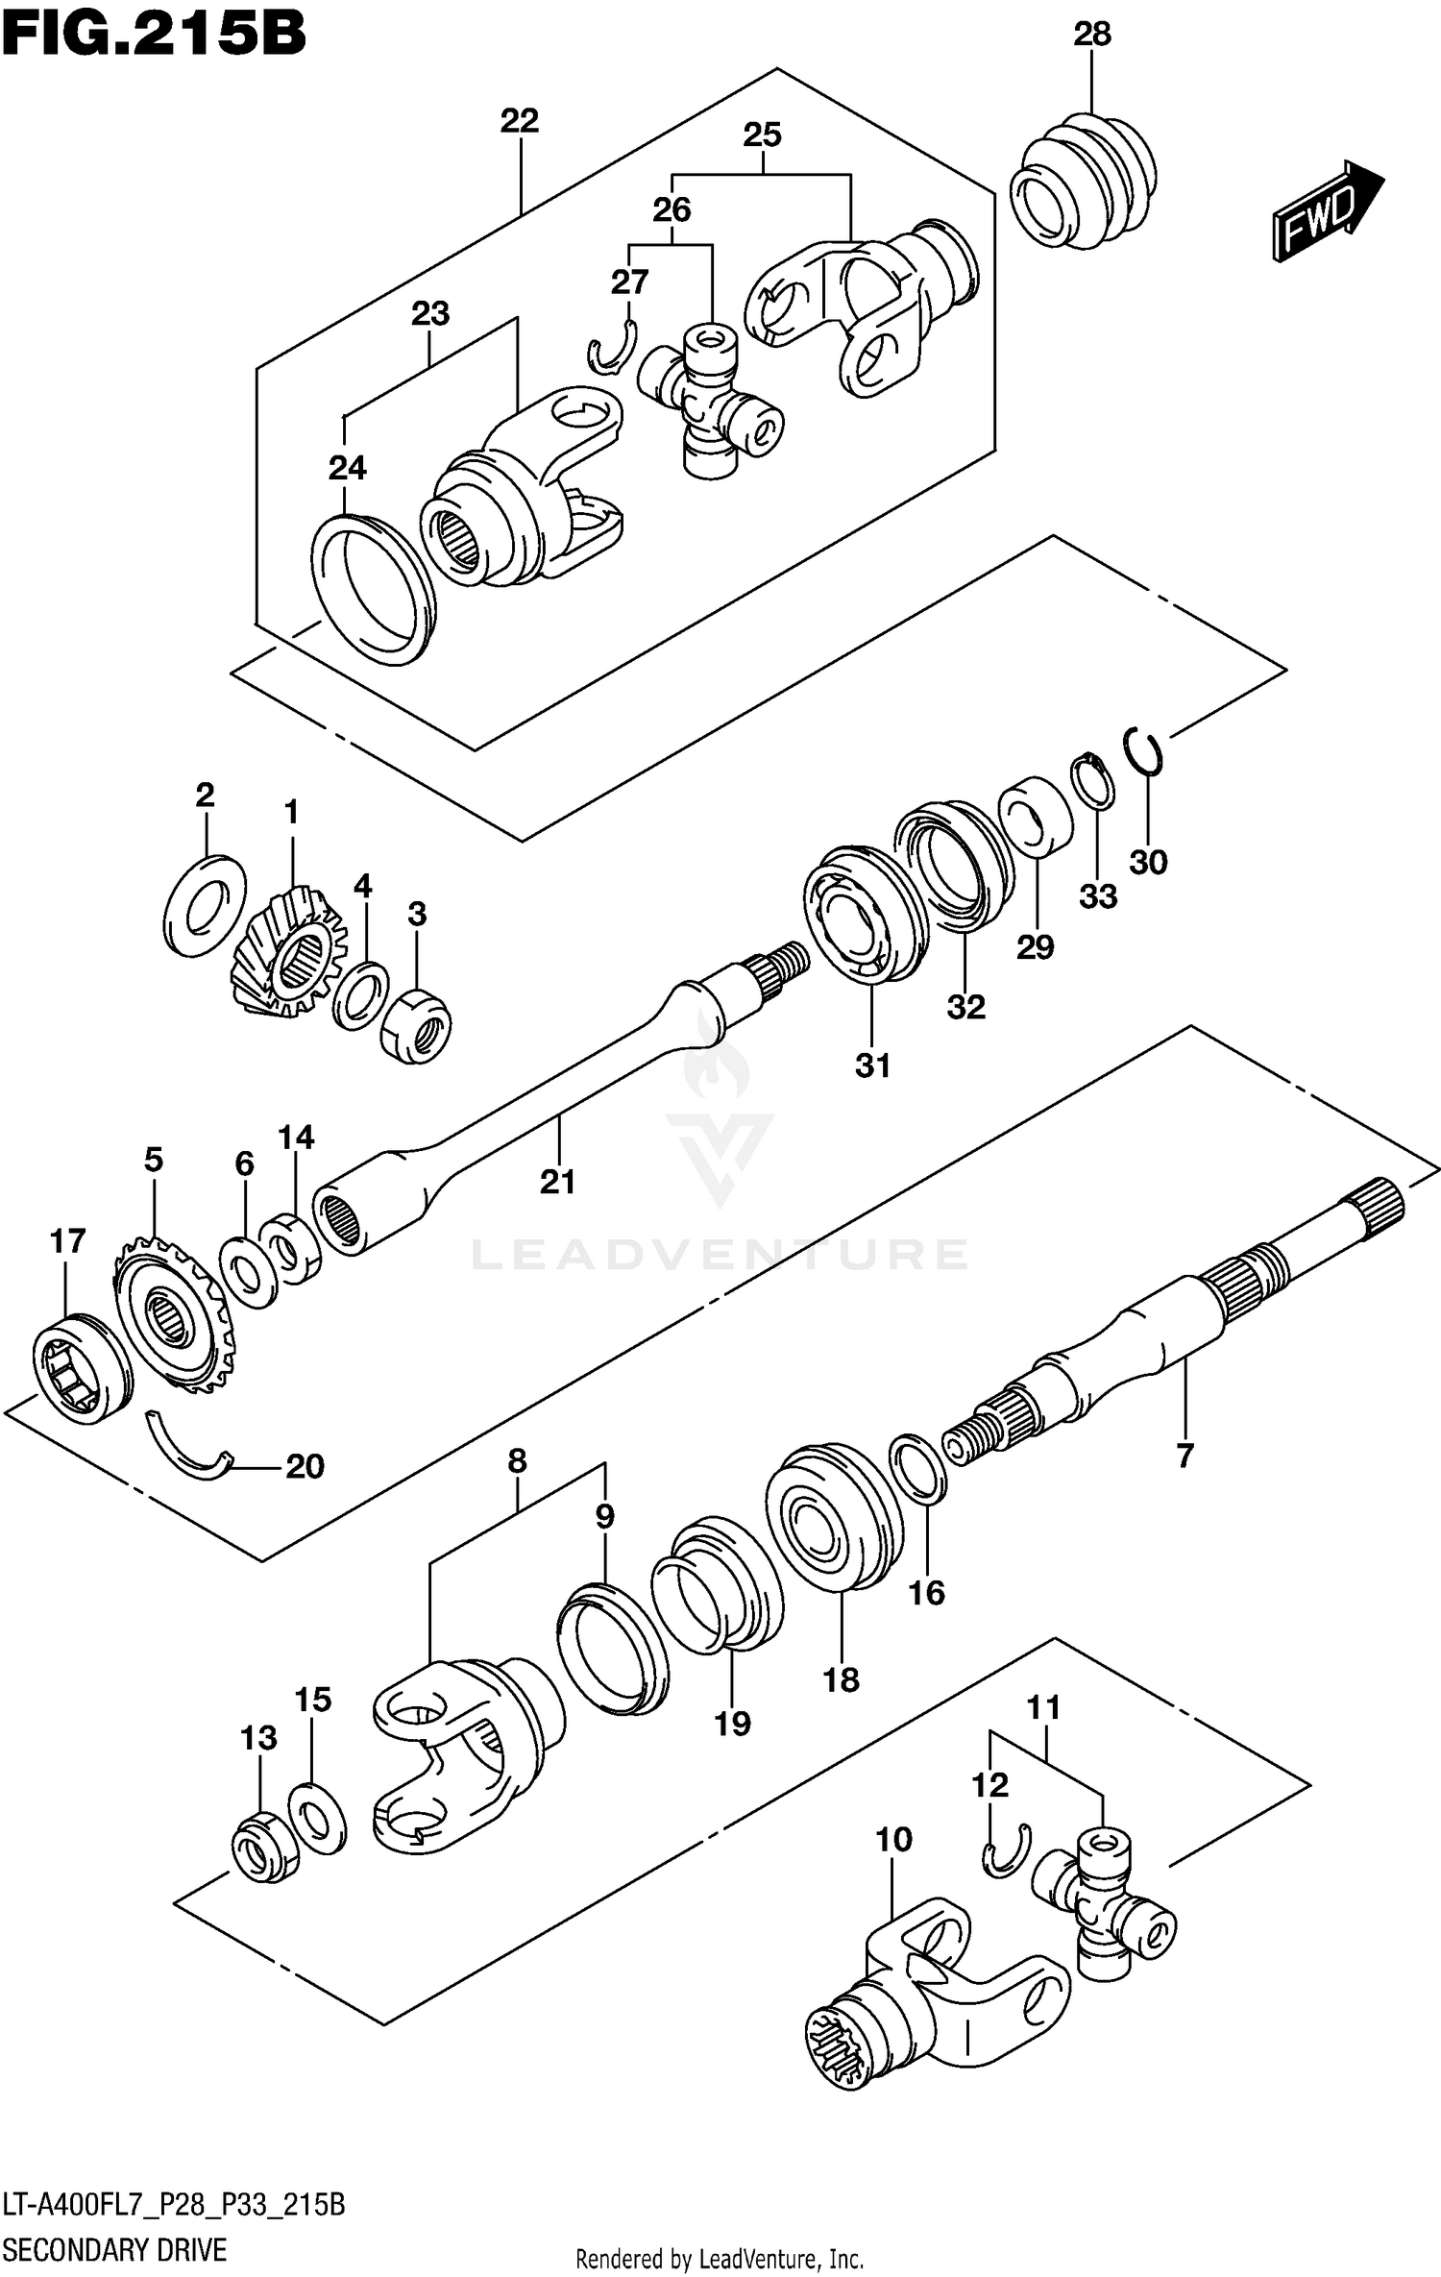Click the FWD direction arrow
(1326, 209)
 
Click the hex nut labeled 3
(416, 1026)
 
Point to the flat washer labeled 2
(205, 905)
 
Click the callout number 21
(557, 1181)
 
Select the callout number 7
(1185, 1456)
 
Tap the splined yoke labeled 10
(922, 2003)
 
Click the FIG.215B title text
(154, 33)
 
